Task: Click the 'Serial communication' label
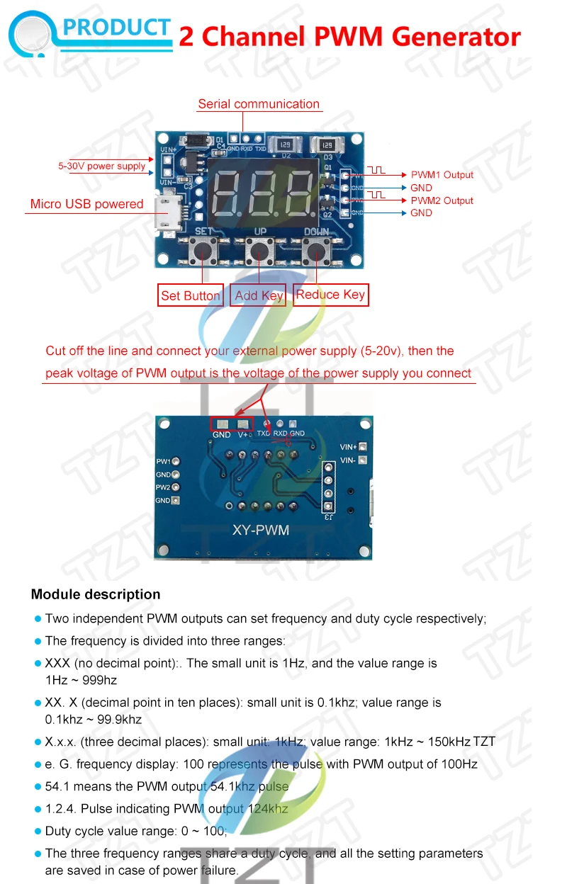coord(259,104)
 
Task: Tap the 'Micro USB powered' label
coord(86,204)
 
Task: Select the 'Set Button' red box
coord(191,295)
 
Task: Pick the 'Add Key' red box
coord(259,295)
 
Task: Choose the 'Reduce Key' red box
coord(330,295)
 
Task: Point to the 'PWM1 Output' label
coord(442,175)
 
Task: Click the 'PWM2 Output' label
coord(442,200)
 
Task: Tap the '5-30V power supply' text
coord(101,166)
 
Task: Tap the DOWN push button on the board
coord(316,250)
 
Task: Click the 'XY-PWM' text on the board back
coord(261,530)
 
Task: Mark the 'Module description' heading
coord(96,594)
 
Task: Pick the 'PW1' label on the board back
coord(163,461)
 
